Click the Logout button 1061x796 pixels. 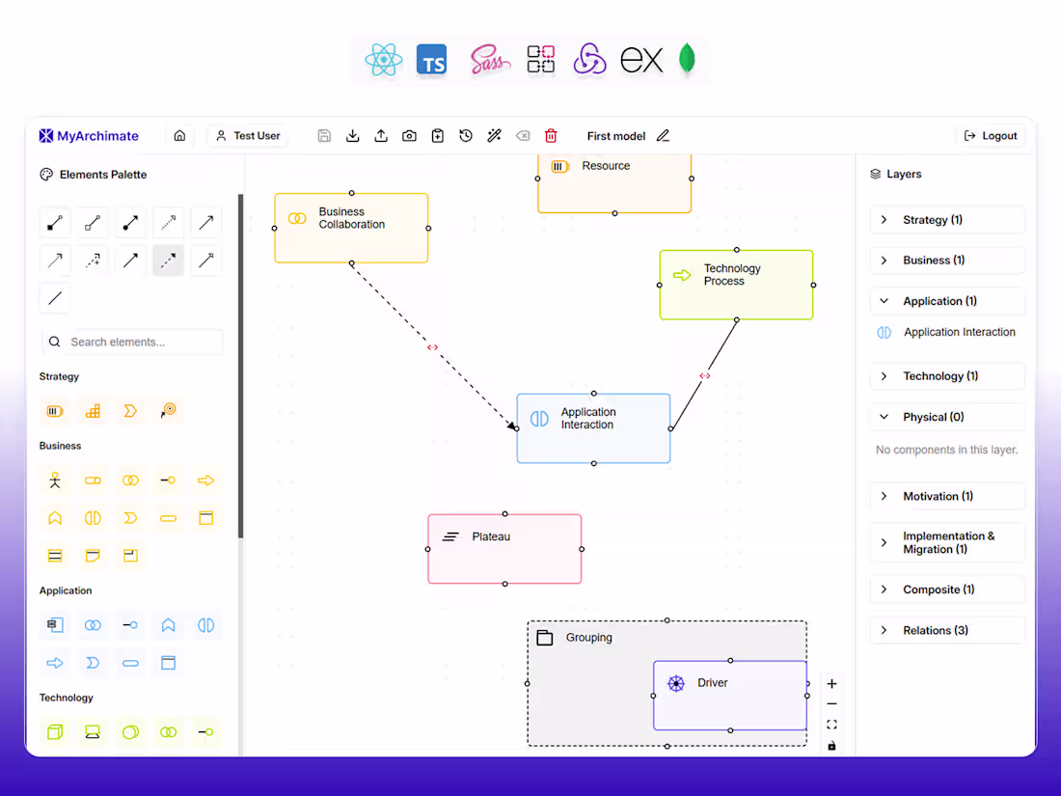[990, 136]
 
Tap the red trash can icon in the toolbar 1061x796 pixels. [551, 136]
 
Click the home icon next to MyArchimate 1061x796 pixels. [179, 136]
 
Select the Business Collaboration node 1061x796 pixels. [351, 228]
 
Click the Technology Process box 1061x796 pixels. [736, 285]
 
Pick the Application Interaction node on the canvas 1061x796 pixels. [593, 428]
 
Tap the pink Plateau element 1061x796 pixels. [504, 549]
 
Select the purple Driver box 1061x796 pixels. [730, 695]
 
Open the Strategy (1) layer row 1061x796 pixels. [947, 220]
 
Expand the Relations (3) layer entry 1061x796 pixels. [947, 630]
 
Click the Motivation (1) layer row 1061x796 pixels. [947, 496]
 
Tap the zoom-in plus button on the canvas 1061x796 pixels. [831, 684]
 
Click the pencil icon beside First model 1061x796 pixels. [664, 136]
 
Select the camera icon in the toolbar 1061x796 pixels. [409, 136]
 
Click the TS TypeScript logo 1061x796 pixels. [432, 61]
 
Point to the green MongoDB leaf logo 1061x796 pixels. [687, 60]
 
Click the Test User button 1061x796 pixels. [248, 136]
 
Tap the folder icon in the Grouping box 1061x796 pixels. [545, 638]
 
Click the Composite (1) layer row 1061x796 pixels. [947, 590]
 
